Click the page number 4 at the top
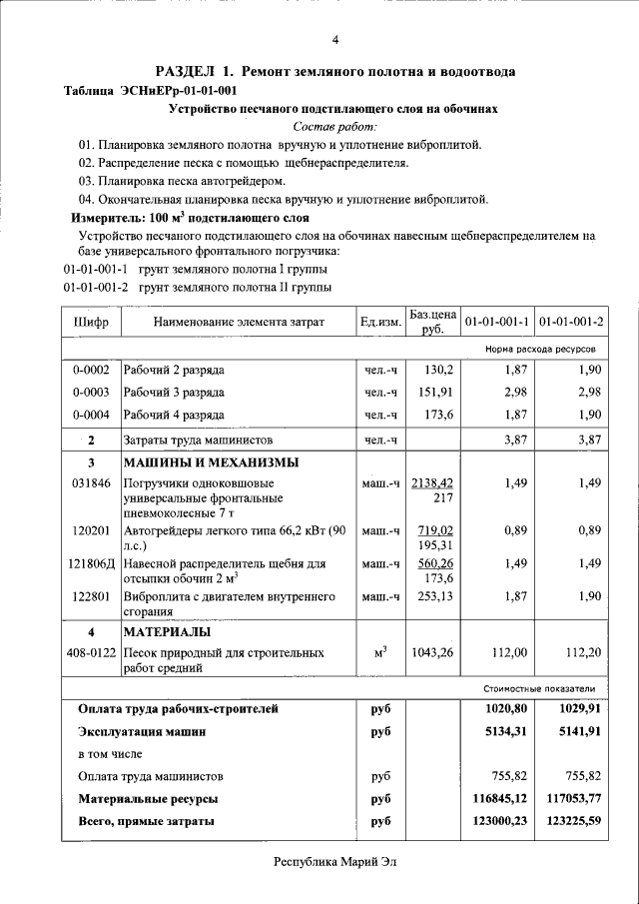click(x=335, y=39)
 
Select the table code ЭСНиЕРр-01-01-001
click(x=184, y=90)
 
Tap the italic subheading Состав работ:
click(x=335, y=127)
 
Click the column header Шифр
click(x=91, y=323)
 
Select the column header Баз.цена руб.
click(x=432, y=322)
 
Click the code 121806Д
click(x=92, y=563)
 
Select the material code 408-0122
click(x=91, y=652)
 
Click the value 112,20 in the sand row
click(x=584, y=652)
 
